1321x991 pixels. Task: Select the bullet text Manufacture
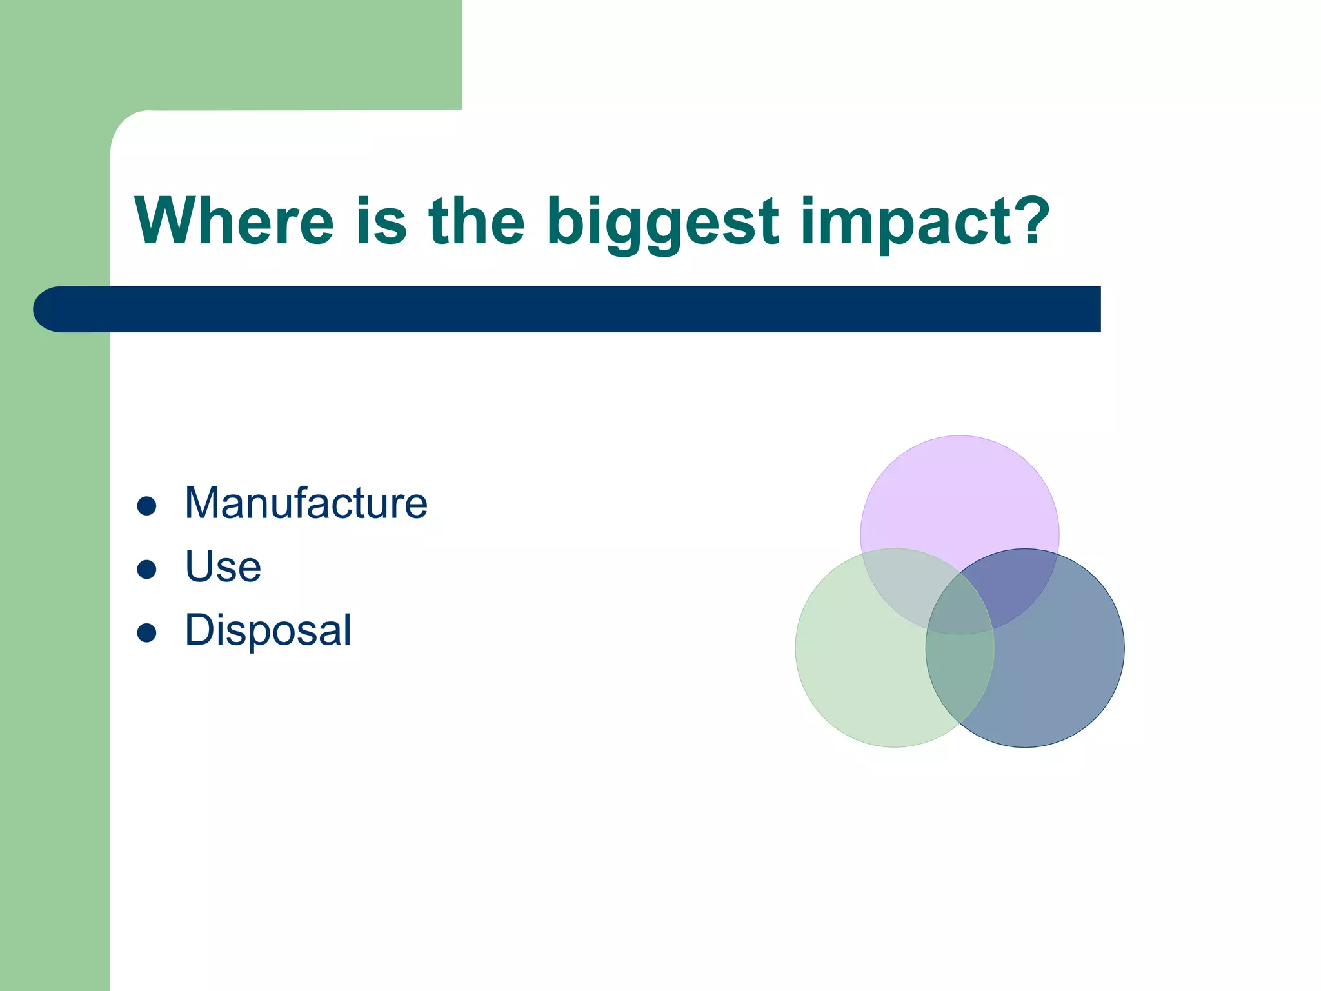point(306,503)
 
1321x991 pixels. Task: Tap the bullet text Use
point(223,566)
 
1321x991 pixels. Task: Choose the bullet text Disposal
point(268,630)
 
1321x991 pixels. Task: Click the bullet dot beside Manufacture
point(147,506)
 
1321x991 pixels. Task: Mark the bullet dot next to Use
point(147,569)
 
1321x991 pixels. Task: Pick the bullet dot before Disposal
point(147,633)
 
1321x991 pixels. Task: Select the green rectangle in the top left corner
point(258,52)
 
